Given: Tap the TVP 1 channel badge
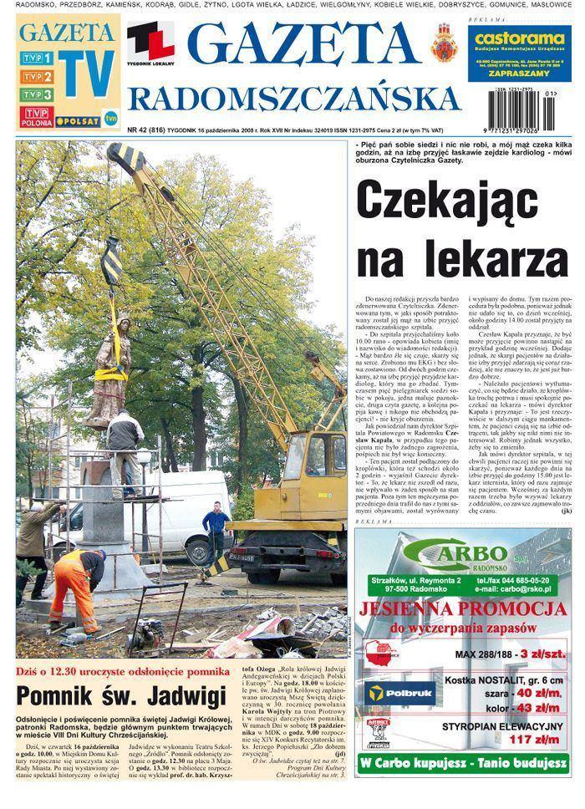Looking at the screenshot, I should point(38,59).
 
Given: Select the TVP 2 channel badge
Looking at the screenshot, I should point(38,77).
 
